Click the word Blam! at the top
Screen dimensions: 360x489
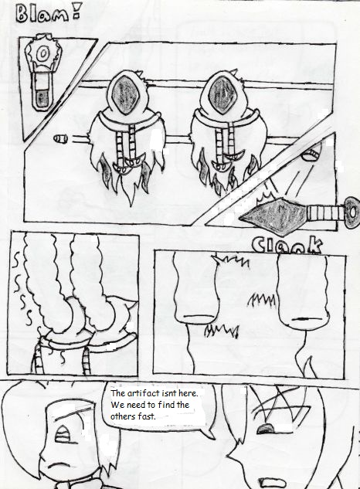point(49,14)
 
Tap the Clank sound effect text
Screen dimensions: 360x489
point(287,244)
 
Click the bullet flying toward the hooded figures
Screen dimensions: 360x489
point(60,138)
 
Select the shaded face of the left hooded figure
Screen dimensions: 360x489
point(124,94)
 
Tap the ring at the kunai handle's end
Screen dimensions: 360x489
point(352,212)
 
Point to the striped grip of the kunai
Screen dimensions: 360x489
point(325,213)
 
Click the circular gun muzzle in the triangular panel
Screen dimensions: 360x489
point(42,54)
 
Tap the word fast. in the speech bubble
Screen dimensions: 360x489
point(144,416)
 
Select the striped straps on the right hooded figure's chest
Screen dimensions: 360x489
point(225,142)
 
